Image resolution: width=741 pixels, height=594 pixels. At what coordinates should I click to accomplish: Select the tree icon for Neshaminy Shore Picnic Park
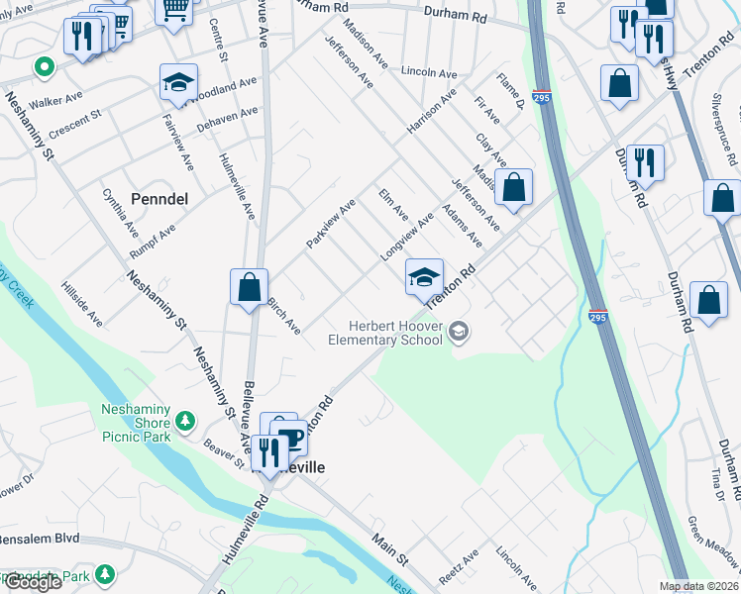[x=184, y=423]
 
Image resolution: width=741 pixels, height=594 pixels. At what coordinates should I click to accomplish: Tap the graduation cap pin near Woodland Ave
[x=178, y=82]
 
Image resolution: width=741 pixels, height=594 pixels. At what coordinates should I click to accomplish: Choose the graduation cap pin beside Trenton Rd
[x=424, y=277]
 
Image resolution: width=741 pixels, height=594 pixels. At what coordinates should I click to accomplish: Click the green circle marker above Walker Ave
[x=43, y=68]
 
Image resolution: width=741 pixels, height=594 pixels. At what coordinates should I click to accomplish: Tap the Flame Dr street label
[x=510, y=91]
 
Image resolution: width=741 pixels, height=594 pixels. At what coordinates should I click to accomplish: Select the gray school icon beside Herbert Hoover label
[x=458, y=332]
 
